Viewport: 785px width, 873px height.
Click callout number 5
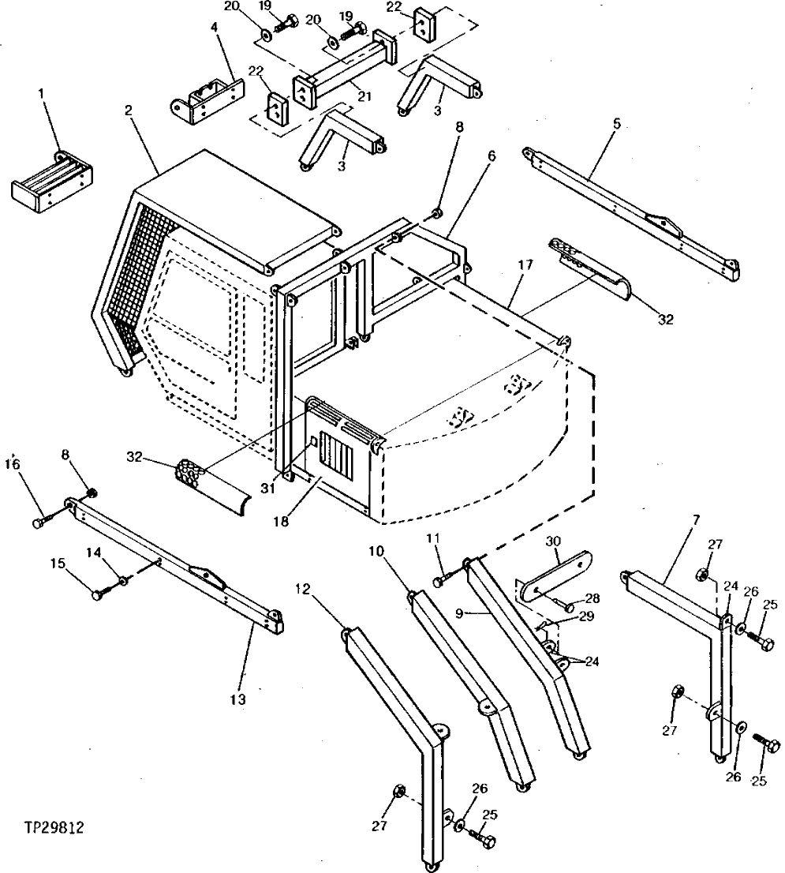(617, 123)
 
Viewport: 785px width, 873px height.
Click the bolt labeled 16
(40, 523)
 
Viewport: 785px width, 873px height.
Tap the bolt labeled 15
(99, 595)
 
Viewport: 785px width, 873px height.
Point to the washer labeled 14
(124, 582)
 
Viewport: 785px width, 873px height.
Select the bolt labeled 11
(440, 582)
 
